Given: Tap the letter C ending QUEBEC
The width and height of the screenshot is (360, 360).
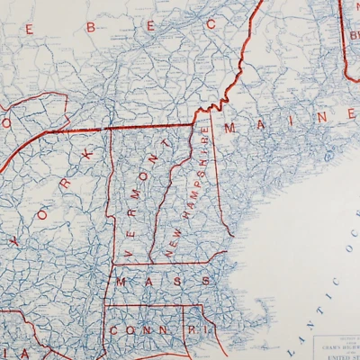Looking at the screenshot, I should [x=211, y=24].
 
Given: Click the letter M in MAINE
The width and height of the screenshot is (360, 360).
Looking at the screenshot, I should [x=230, y=129].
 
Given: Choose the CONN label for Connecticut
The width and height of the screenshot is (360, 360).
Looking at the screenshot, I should [x=130, y=330].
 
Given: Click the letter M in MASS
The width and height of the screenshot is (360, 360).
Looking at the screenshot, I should [x=121, y=282].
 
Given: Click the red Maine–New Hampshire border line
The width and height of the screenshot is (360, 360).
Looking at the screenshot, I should [x=216, y=180].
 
